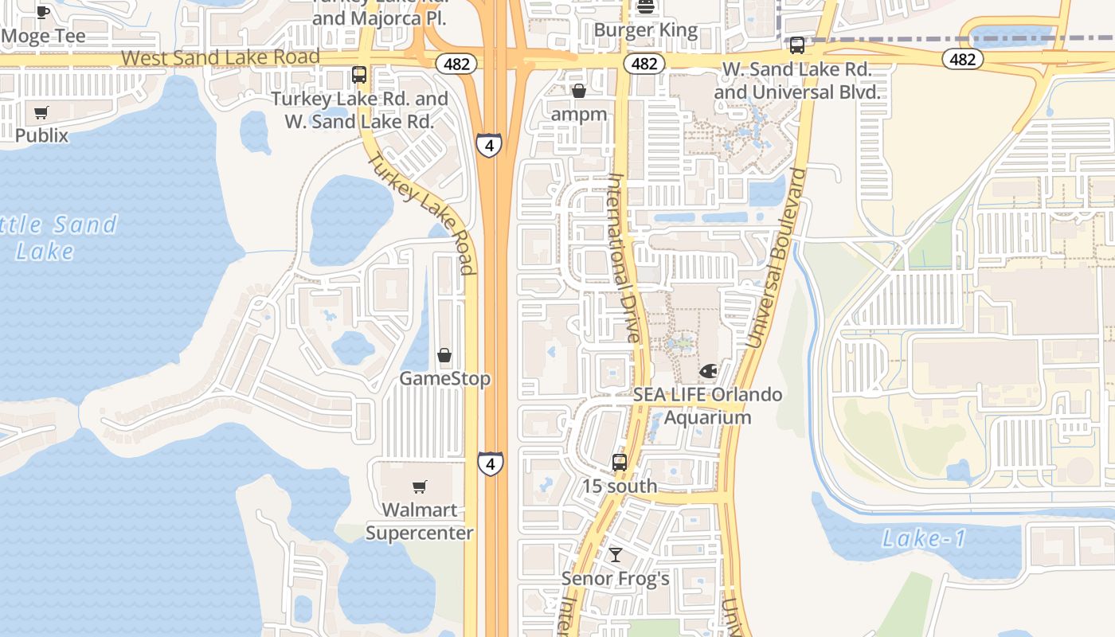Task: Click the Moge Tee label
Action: pos(44,36)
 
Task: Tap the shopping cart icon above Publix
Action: pos(41,112)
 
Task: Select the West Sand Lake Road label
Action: pos(221,57)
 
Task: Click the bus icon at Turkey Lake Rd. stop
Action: pos(359,75)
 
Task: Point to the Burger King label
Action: pos(646,31)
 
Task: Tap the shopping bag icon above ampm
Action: pos(579,92)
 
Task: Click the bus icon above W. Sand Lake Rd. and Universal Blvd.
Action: pos(796,45)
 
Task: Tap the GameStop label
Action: pos(444,378)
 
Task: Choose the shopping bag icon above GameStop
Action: pos(444,355)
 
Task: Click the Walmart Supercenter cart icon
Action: pos(420,487)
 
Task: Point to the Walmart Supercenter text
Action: pos(420,522)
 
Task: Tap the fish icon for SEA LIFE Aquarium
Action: pos(707,371)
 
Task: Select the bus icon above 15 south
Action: pos(619,463)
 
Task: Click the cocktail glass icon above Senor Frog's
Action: pos(615,555)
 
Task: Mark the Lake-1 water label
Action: pos(924,539)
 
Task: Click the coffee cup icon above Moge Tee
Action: pos(43,12)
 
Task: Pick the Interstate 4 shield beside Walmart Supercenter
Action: pos(491,463)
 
